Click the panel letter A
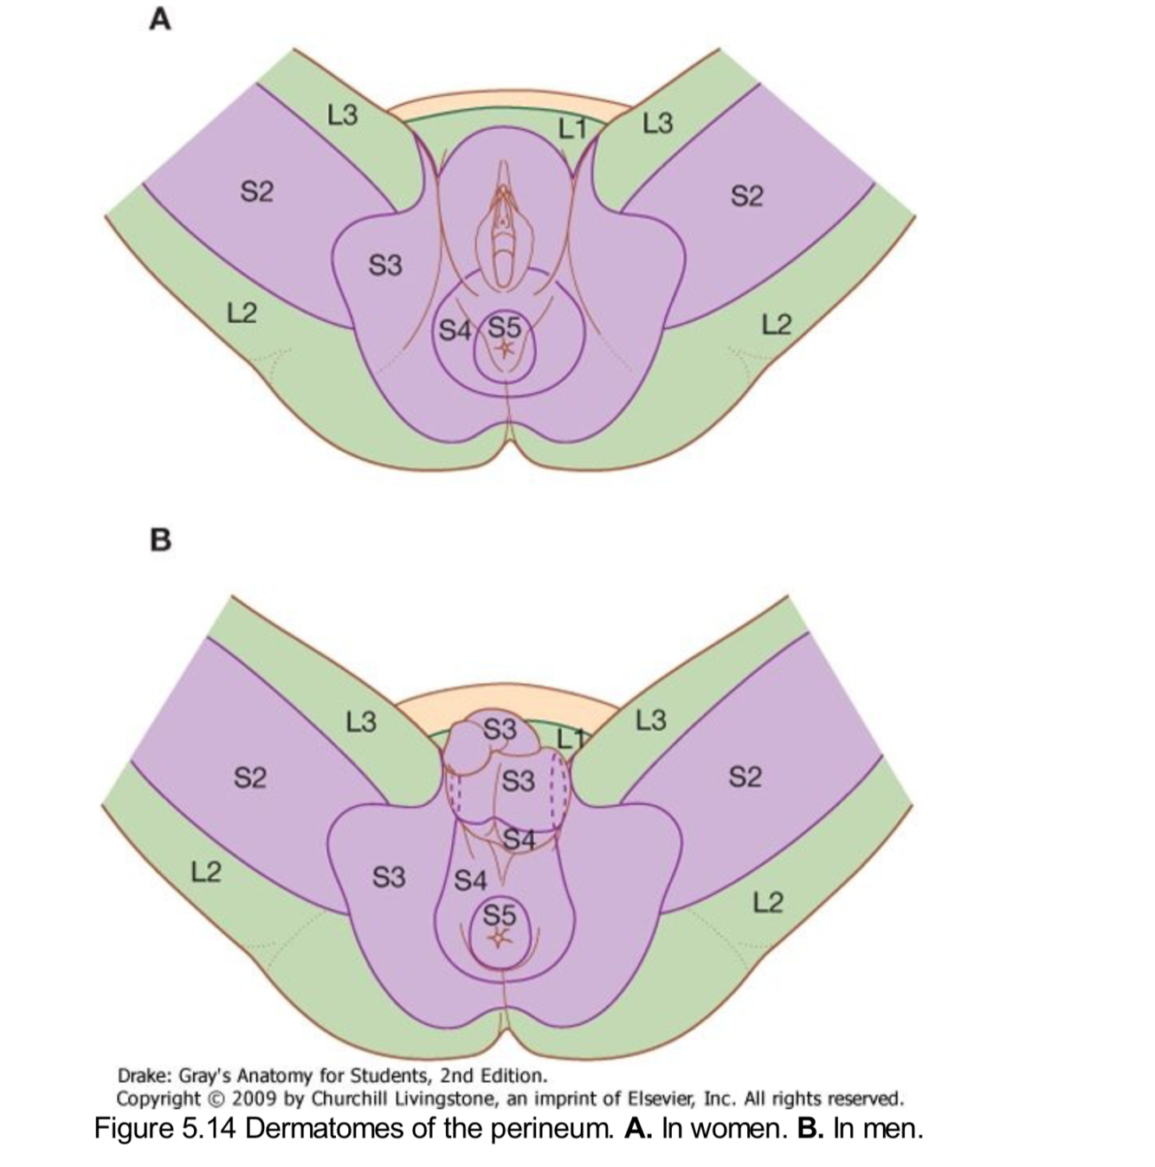(x=159, y=19)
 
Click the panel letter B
(x=160, y=540)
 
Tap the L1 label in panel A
(x=572, y=129)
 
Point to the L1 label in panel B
(x=571, y=738)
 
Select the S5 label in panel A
(x=505, y=327)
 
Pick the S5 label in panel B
(x=499, y=914)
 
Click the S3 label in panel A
(x=385, y=264)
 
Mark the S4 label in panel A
(x=455, y=330)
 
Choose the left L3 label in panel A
(x=342, y=115)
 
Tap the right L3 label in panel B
(x=651, y=719)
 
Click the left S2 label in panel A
(x=256, y=190)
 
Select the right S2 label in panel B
(x=745, y=777)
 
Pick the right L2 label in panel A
(x=777, y=325)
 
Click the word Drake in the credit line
(x=143, y=1076)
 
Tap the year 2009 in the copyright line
(x=256, y=1099)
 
